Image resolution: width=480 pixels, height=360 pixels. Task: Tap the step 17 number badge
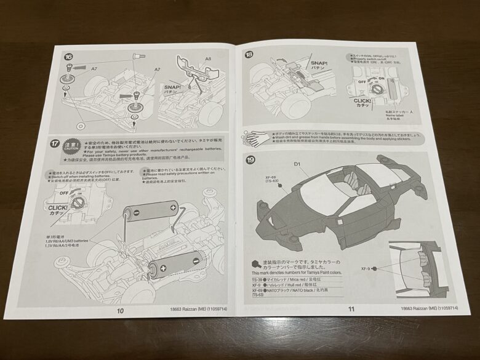[x=55, y=143]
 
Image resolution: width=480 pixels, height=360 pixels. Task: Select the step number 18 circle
[x=249, y=55]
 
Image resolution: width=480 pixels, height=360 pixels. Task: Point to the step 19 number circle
[x=250, y=161]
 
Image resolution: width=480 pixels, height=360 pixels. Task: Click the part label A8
[x=207, y=60]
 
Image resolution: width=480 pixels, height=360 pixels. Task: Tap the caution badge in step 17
[x=71, y=146]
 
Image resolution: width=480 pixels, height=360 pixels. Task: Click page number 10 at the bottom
[x=120, y=310]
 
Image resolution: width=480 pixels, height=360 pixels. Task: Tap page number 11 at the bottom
[x=351, y=310]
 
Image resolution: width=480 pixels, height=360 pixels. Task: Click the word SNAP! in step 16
[x=172, y=87]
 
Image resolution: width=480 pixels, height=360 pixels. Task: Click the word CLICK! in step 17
[x=60, y=208]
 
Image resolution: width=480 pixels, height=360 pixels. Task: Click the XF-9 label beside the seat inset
[x=366, y=269]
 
